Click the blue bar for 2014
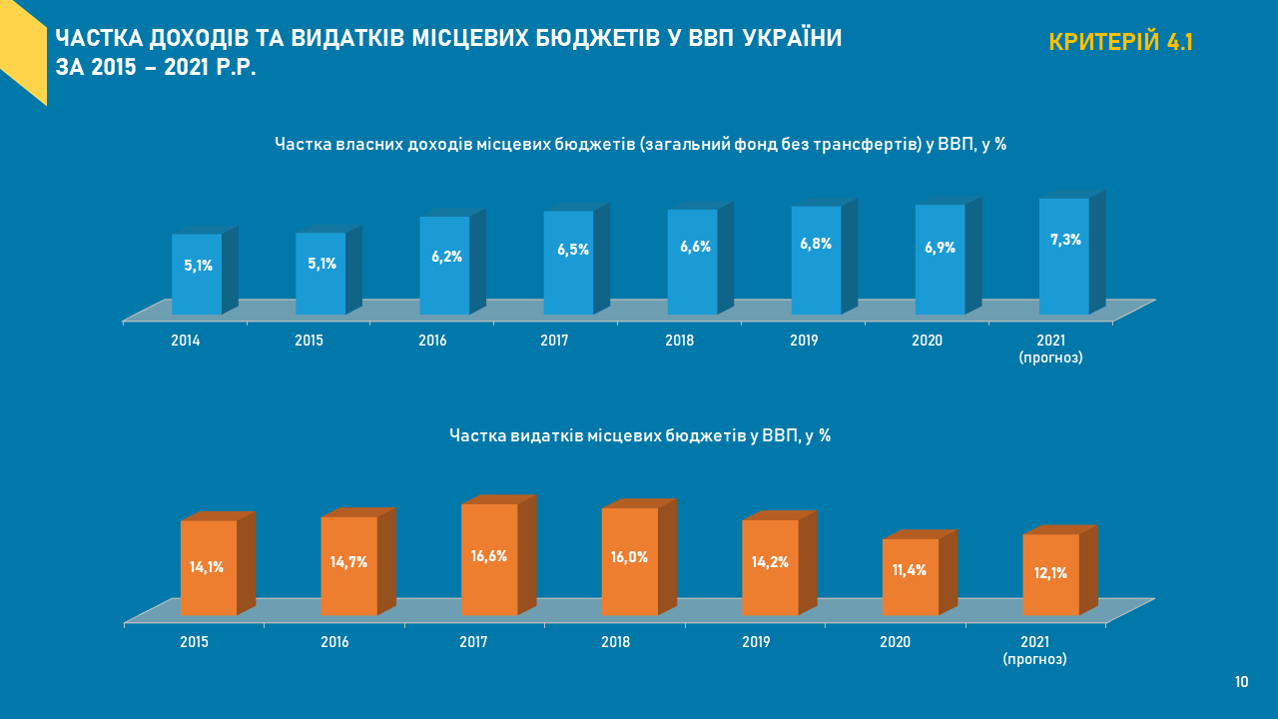pyautogui.click(x=197, y=275)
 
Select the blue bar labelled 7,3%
pyautogui.click(x=1064, y=257)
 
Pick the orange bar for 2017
pyautogui.click(x=489, y=559)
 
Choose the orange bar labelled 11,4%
pyautogui.click(x=911, y=577)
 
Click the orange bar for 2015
pyautogui.click(x=209, y=567)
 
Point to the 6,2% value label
pyautogui.click(x=446, y=257)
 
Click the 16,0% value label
pyautogui.click(x=629, y=557)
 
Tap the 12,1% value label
pyautogui.click(x=1051, y=573)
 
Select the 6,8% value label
pyautogui.click(x=816, y=244)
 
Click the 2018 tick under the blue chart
pyautogui.click(x=680, y=341)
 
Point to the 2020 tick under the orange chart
pyautogui.click(x=896, y=642)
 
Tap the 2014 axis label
pyautogui.click(x=186, y=341)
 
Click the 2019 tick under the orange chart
pyautogui.click(x=756, y=642)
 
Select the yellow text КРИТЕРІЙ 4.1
pyautogui.click(x=1121, y=42)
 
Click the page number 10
pyautogui.click(x=1241, y=682)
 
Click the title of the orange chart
pyautogui.click(x=640, y=436)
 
